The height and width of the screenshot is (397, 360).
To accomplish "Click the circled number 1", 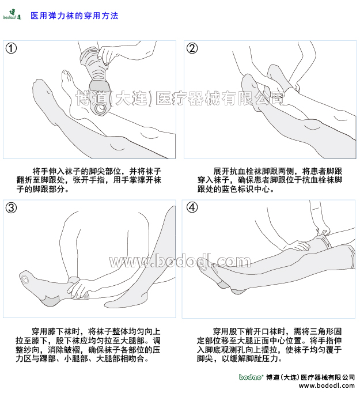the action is coord(11,48).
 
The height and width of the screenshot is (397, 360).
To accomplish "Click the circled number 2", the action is coord(192,48).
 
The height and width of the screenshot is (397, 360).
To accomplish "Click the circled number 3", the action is coord(11,208).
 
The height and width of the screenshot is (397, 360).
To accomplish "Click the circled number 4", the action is coord(192,207).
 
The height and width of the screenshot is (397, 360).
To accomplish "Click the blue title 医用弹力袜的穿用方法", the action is coord(74,16).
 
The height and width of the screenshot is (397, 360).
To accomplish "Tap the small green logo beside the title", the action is coord(12,14).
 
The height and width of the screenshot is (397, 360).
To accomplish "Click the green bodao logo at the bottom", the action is coord(251,377).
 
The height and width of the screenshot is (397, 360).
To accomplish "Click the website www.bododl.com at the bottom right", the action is coord(327,386).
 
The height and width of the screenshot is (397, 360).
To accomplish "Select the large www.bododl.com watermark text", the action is coord(180,261).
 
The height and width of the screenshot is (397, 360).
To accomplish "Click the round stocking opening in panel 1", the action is coord(100,109).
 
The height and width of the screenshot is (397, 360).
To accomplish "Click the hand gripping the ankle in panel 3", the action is coord(78,288).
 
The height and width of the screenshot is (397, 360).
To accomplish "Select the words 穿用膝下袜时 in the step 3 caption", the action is coord(56,331).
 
